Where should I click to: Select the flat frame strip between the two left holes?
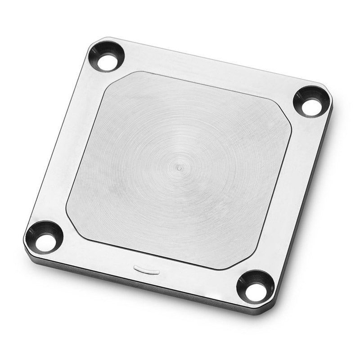[x=74, y=144]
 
